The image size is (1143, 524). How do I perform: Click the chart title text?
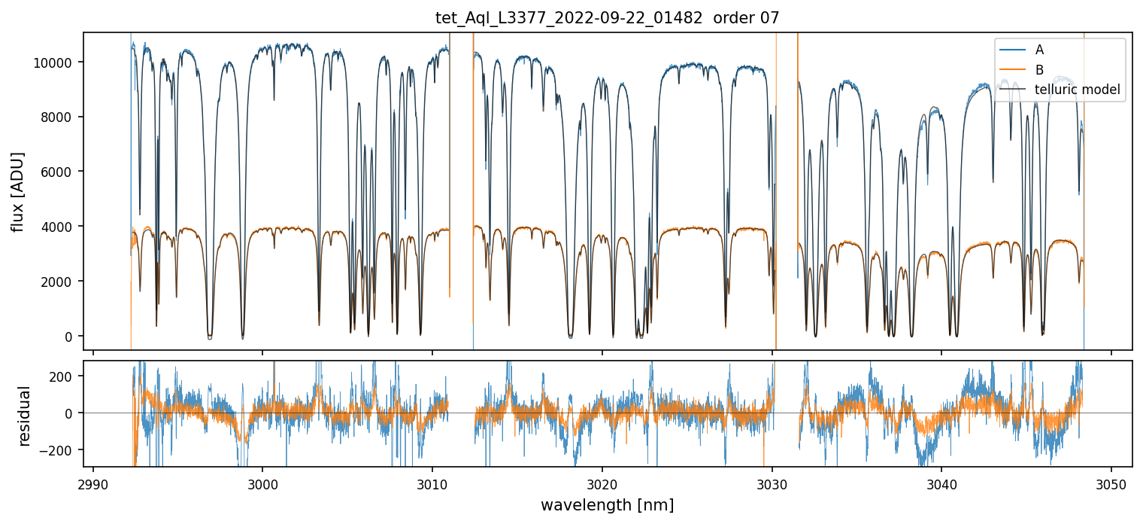pos(608,18)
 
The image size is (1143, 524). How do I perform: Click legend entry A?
pos(1039,50)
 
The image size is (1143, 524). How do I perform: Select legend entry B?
pos(1039,70)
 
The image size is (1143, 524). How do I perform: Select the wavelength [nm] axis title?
pos(608,504)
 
